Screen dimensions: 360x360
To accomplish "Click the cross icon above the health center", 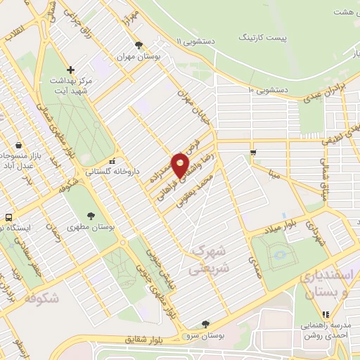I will (x=70, y=69).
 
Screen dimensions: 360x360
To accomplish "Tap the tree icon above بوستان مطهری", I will (x=90, y=215).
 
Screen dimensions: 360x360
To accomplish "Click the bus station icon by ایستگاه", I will (x=8, y=217).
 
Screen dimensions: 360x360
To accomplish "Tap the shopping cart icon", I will (x=252, y=152).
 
